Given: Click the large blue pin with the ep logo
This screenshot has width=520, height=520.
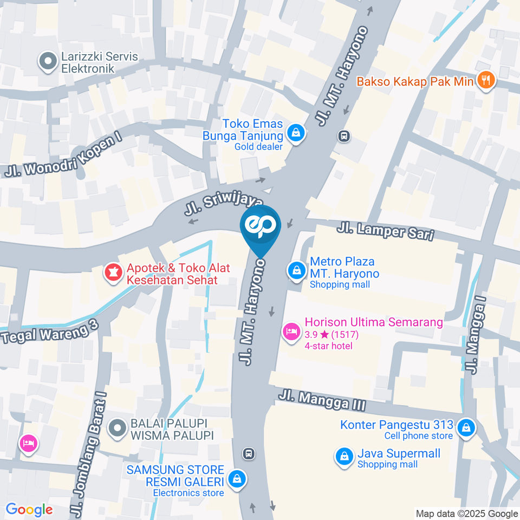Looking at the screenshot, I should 261,226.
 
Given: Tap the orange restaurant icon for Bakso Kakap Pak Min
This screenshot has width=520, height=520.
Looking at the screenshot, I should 485,81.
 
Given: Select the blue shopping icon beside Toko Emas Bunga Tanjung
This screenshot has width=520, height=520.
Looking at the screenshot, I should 296,132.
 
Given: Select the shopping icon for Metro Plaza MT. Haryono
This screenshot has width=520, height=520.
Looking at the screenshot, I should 296,270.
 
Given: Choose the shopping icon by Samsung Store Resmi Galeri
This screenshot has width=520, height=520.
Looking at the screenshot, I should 236,479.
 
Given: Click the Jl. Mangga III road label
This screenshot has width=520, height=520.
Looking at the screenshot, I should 322,401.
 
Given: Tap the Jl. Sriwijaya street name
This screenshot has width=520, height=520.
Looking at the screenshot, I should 227,203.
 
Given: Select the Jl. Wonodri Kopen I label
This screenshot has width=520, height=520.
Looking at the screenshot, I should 63,155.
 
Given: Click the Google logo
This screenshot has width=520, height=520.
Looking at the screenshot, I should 29,509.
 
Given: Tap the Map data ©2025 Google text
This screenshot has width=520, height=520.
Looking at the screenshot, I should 467,513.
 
